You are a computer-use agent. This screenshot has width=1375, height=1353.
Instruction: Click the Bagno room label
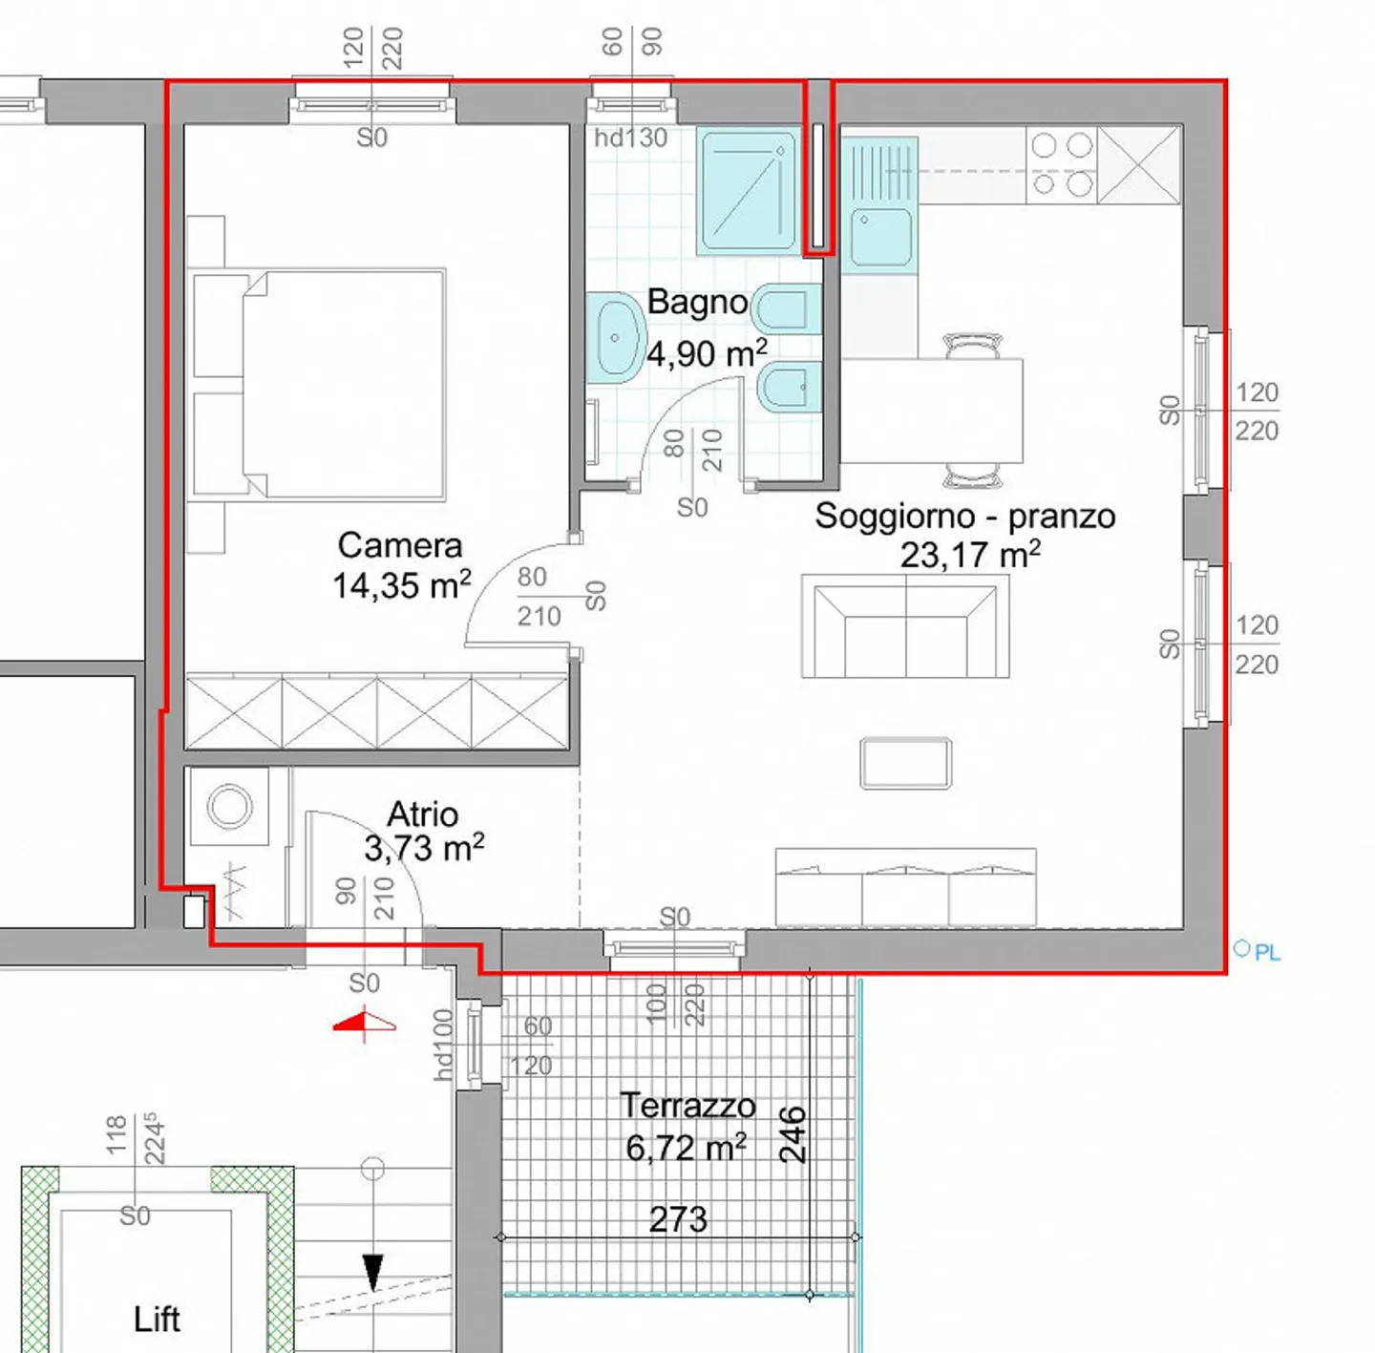[x=697, y=303]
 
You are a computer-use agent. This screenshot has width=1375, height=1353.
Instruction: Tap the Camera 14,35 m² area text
[x=401, y=585]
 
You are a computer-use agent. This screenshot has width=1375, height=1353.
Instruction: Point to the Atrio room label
[x=422, y=814]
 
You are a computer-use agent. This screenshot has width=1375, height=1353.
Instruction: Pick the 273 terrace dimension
[x=678, y=1219]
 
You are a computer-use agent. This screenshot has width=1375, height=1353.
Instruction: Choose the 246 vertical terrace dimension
[x=793, y=1134]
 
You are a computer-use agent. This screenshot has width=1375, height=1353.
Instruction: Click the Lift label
[x=157, y=1320]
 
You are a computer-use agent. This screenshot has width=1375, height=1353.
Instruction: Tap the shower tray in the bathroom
[x=749, y=191]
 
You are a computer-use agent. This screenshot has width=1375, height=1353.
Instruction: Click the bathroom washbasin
[x=614, y=338]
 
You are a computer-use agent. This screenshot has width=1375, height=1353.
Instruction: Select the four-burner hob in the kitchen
[x=1062, y=164]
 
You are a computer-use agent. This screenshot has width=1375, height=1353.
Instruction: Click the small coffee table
[x=905, y=763]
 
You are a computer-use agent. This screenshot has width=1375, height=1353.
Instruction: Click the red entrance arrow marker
[x=364, y=1024]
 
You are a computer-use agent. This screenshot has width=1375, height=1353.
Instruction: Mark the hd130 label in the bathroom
[x=630, y=138]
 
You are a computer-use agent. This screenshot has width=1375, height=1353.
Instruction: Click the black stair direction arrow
[x=372, y=1271]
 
